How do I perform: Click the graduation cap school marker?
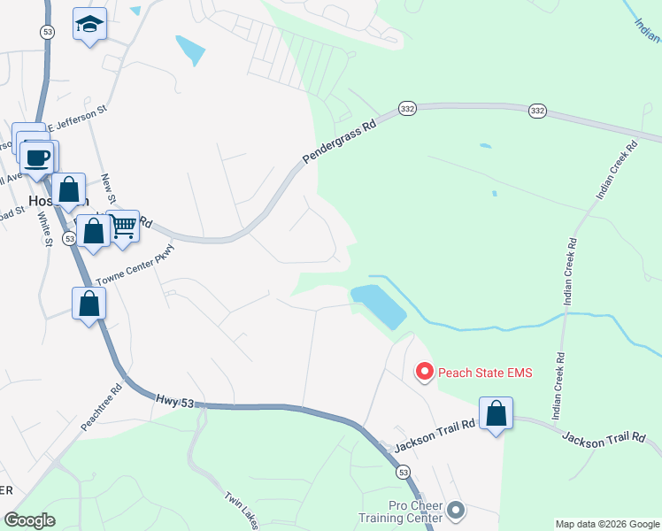tap(89, 25)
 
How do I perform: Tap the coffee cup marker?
tap(37, 158)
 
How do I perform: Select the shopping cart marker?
tap(123, 226)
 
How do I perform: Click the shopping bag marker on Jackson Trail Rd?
tap(496, 413)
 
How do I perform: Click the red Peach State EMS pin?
tap(424, 372)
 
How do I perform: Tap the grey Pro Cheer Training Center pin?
tap(456, 510)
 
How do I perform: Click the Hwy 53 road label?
tap(174, 402)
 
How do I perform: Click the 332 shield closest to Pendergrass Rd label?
tap(407, 108)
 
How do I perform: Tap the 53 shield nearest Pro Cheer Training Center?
tap(404, 474)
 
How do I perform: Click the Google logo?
tap(30, 520)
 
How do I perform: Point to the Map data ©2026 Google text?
tap(607, 524)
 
